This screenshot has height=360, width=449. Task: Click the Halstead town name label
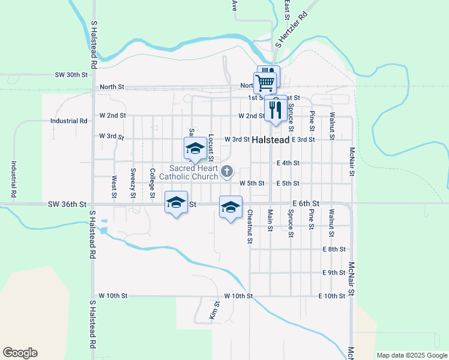click(271, 140)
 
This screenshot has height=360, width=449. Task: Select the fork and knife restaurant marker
click(275, 110)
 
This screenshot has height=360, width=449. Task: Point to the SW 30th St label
click(71, 75)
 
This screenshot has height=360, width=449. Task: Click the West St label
click(113, 187)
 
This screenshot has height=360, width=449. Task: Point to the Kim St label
click(213, 310)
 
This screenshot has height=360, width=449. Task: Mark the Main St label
click(270, 220)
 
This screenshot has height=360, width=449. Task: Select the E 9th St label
click(334, 273)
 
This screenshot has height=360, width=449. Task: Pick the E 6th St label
click(306, 205)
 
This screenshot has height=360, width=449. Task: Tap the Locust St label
click(211, 148)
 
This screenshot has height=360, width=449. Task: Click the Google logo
click(20, 353)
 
